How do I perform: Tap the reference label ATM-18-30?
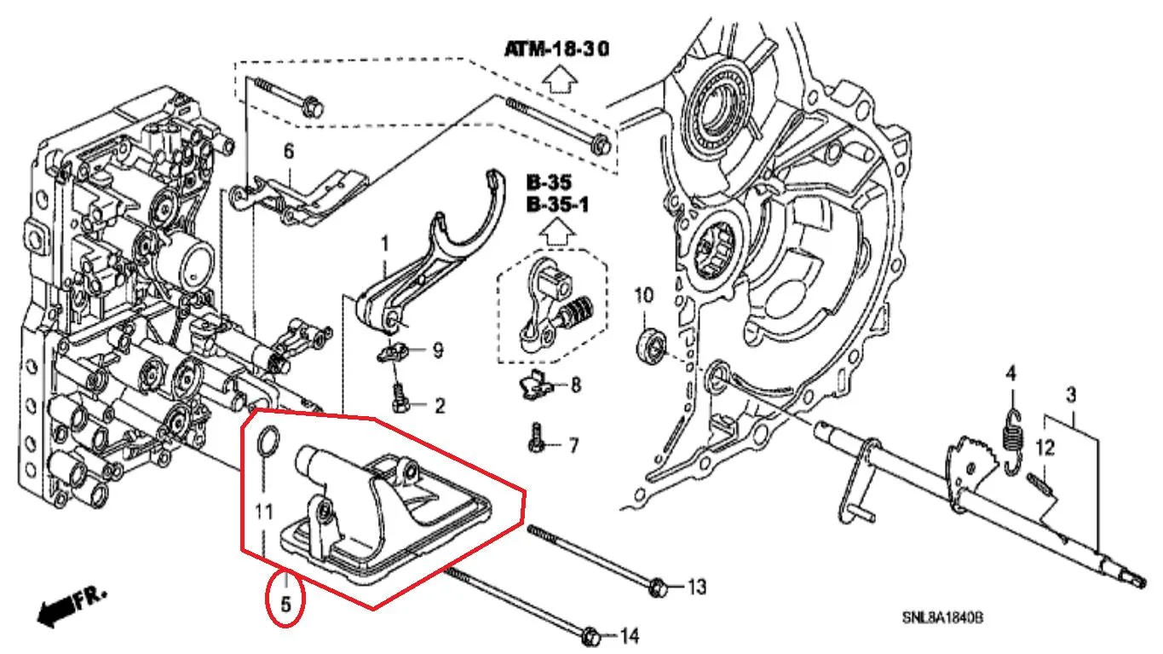pyautogui.click(x=556, y=49)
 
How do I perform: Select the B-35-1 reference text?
pyautogui.click(x=557, y=205)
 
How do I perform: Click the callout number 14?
pyautogui.click(x=630, y=636)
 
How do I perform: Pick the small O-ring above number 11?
pyautogui.click(x=268, y=443)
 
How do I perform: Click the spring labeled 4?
pyautogui.click(x=1013, y=442)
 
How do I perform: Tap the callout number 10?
pyautogui.click(x=644, y=296)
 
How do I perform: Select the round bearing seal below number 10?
pyautogui.click(x=651, y=345)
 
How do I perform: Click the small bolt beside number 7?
pyautogui.click(x=537, y=438)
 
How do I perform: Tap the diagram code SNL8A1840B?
pyautogui.click(x=942, y=617)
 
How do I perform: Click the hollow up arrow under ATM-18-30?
pyautogui.click(x=559, y=79)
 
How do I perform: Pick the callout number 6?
pyautogui.click(x=289, y=152)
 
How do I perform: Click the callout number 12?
pyautogui.click(x=1045, y=448)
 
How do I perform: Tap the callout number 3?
pyautogui.click(x=1072, y=396)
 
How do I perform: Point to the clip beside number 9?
pyautogui.click(x=392, y=353)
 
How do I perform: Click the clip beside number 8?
pyautogui.click(x=534, y=385)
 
